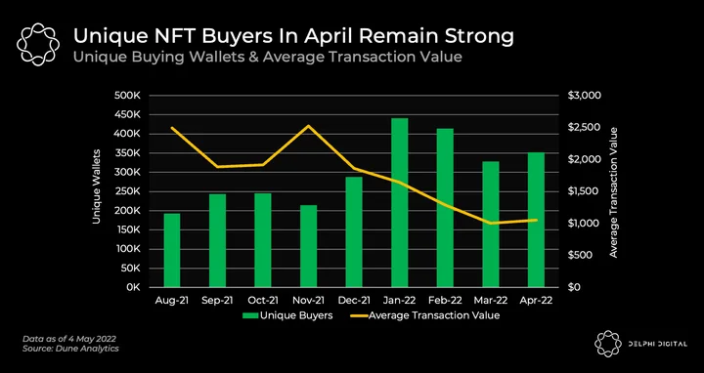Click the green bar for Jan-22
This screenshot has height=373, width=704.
400,203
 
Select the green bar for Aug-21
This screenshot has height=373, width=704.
172,250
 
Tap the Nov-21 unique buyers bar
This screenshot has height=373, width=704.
308,246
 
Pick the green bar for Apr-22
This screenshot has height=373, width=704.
536,220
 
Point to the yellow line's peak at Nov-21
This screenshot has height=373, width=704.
309,126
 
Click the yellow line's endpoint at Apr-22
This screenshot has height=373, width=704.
536,220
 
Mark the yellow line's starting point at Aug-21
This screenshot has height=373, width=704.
172,128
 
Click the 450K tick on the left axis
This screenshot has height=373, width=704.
128,115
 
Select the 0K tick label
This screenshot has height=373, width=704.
133,287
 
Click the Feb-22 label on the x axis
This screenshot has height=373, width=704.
445,301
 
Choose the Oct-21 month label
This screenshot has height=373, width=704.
263,301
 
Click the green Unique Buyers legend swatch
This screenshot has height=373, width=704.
250,315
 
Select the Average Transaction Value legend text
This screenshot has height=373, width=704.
434,315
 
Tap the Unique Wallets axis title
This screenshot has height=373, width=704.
97,186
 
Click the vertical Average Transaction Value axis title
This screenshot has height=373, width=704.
613,192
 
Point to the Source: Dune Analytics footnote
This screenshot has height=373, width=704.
70,349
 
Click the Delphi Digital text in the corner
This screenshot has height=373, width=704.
654,344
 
